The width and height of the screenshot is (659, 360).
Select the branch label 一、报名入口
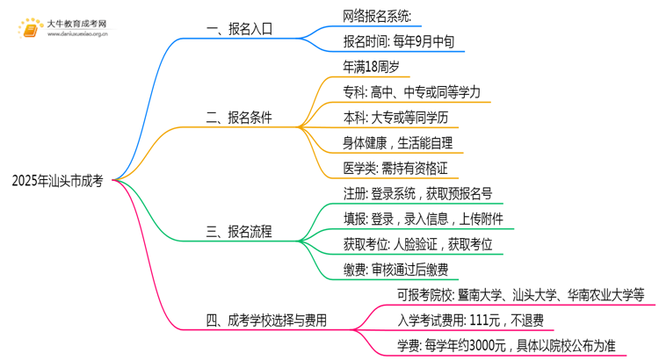(239, 28)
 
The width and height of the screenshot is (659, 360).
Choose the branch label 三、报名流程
(239, 232)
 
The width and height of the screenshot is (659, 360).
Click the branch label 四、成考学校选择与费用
(266, 320)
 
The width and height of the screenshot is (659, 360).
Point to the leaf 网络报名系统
(383, 16)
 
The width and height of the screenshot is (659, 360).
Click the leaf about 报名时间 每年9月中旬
(400, 41)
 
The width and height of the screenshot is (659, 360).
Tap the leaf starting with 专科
(411, 91)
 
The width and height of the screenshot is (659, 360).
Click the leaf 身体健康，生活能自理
(398, 142)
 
